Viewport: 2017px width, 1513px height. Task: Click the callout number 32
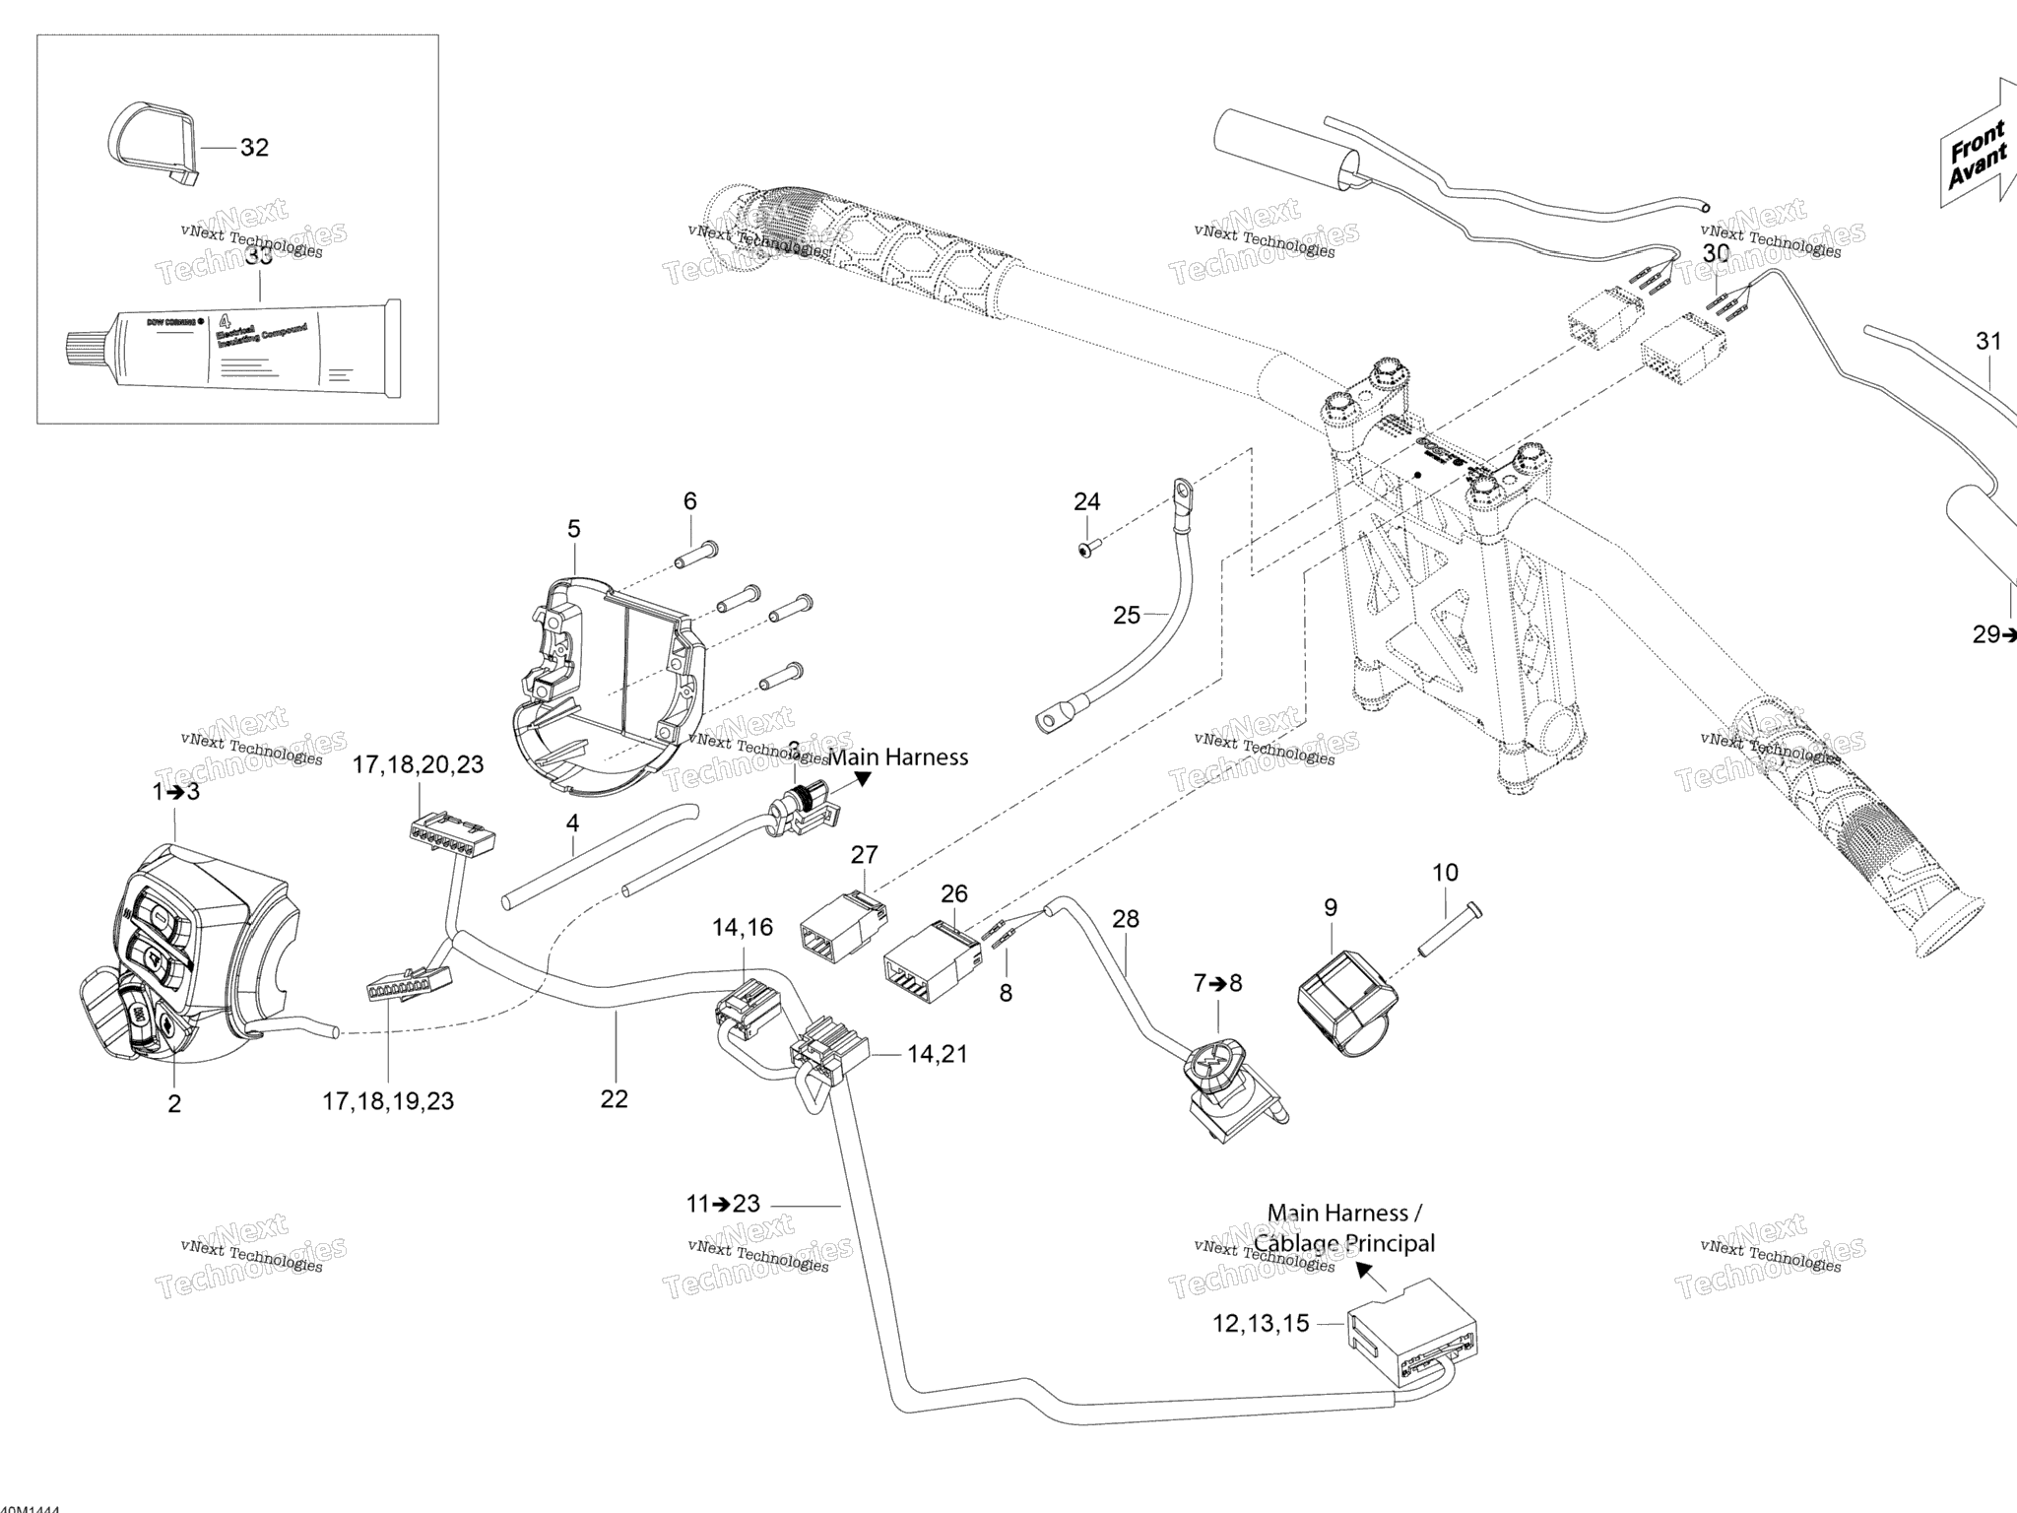pyautogui.click(x=254, y=148)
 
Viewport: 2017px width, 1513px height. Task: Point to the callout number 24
pyautogui.click(x=1086, y=502)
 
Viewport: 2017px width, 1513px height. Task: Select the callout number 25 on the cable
pyautogui.click(x=1127, y=616)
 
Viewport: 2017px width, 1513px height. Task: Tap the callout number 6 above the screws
pyautogui.click(x=689, y=501)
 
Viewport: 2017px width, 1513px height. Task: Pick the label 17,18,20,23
pyautogui.click(x=419, y=764)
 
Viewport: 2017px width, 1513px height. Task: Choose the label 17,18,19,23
pyautogui.click(x=388, y=1101)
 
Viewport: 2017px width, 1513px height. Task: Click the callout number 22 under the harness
pyautogui.click(x=614, y=1099)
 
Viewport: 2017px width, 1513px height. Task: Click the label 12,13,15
pyautogui.click(x=1261, y=1324)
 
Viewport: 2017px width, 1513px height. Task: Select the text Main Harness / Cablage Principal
pyautogui.click(x=1344, y=1228)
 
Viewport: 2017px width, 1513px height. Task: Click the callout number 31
pyautogui.click(x=1988, y=342)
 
